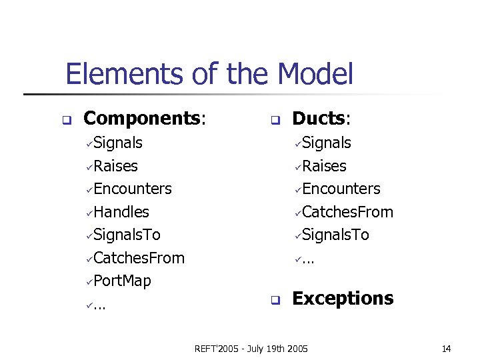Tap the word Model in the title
pyautogui.click(x=315, y=74)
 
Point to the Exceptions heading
pyautogui.click(x=343, y=298)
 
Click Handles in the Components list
pyautogui.click(x=121, y=212)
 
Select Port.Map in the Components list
pyautogui.click(x=123, y=281)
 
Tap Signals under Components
pyautogui.click(x=118, y=143)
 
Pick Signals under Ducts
pyautogui.click(x=327, y=143)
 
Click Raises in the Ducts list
pyautogui.click(x=324, y=166)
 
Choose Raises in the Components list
pyautogui.click(x=115, y=166)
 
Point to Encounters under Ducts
pyautogui.click(x=341, y=189)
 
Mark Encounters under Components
pyautogui.click(x=132, y=189)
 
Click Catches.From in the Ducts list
pyautogui.click(x=347, y=212)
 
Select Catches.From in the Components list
pyautogui.click(x=139, y=258)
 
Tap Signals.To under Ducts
pyautogui.click(x=335, y=235)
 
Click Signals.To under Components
pyautogui.click(x=127, y=235)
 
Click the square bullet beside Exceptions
pyautogui.click(x=274, y=300)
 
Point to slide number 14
pyautogui.click(x=446, y=349)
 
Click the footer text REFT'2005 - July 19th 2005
pyautogui.click(x=251, y=349)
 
